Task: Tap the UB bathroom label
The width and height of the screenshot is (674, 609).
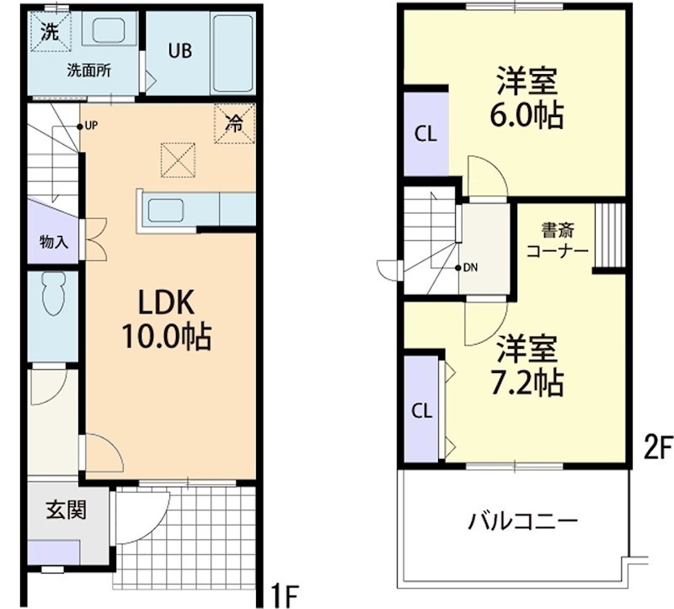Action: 179,51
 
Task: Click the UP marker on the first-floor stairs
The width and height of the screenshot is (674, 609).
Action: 88,126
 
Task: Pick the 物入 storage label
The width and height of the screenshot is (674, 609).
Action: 53,242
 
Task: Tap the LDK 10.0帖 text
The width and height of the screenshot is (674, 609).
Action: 168,318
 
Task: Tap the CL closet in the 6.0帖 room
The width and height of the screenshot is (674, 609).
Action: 425,133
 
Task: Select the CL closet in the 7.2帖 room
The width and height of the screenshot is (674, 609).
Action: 422,410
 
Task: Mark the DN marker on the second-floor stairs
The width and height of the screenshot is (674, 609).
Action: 468,268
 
